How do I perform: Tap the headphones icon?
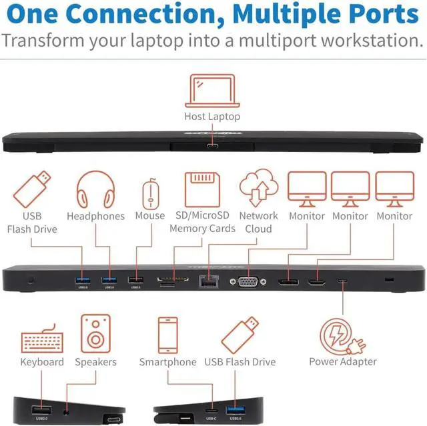tap(95, 189)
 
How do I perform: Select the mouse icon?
tap(149, 193)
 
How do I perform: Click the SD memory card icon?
tap(202, 189)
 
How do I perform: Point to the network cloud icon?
tap(258, 189)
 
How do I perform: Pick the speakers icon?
tap(95, 333)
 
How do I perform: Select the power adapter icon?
tap(342, 336)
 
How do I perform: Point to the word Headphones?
tap(95, 216)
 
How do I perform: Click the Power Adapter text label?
tap(343, 362)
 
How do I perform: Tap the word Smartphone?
tap(167, 362)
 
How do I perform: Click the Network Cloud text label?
tap(258, 222)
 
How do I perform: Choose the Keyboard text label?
tap(42, 362)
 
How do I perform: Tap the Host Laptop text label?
tap(212, 117)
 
